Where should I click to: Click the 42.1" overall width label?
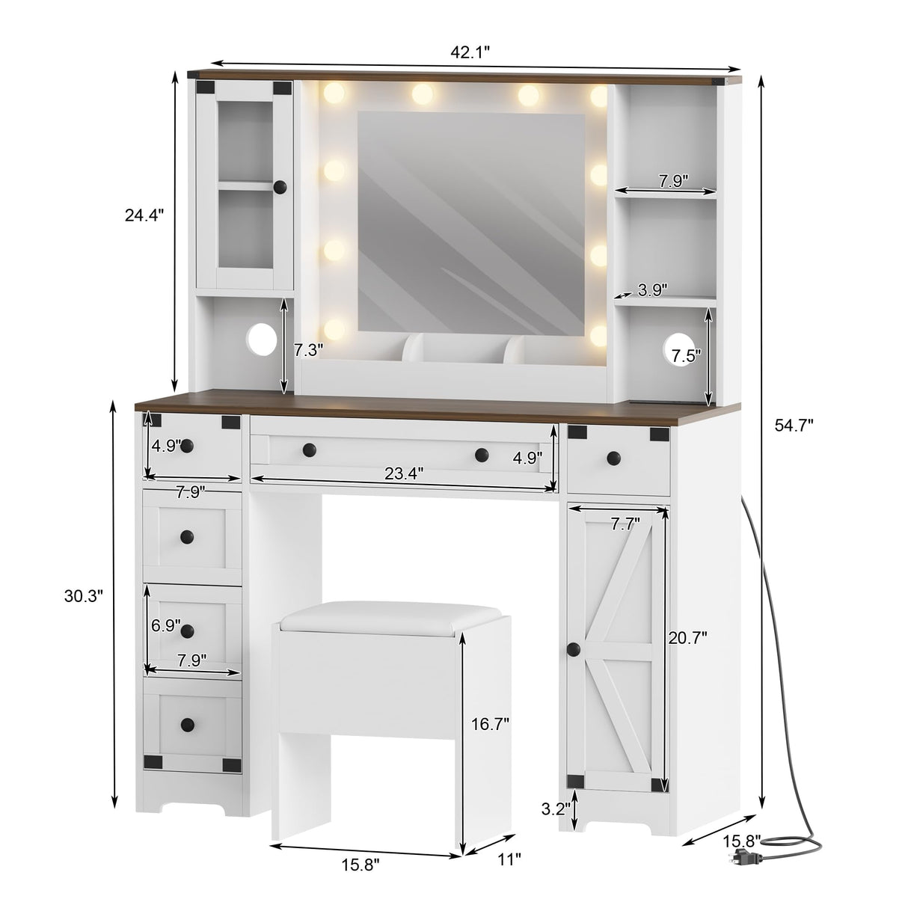[470, 52]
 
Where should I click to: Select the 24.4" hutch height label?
[144, 215]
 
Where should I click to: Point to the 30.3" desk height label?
[83, 595]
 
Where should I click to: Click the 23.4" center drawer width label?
[404, 473]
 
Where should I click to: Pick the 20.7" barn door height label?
[687, 637]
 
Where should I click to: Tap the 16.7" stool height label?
[490, 723]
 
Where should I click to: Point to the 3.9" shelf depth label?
[652, 289]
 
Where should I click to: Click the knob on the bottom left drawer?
[186, 723]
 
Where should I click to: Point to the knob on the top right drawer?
[614, 457]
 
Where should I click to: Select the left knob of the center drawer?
[307, 450]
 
